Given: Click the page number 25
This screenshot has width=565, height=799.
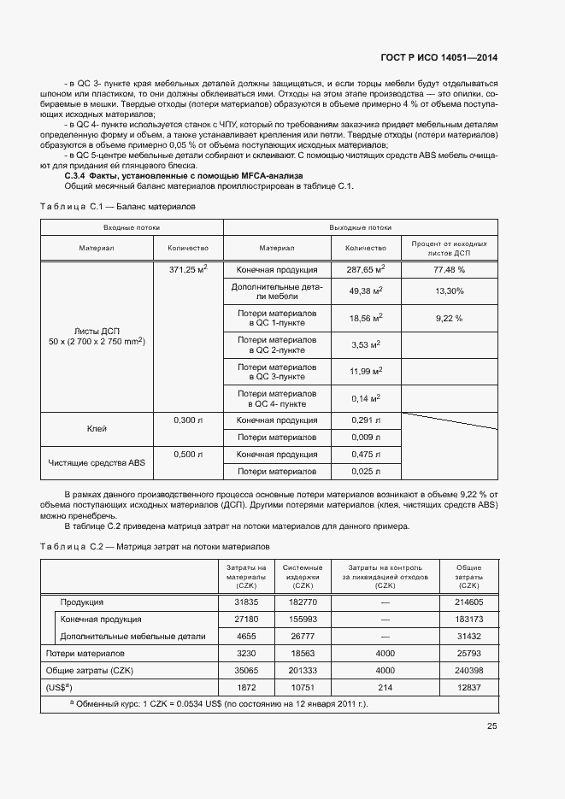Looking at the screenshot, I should click(x=491, y=726).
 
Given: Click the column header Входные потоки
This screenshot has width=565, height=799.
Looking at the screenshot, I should click(x=132, y=228).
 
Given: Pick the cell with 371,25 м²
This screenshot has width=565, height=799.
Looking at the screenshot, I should click(x=188, y=268).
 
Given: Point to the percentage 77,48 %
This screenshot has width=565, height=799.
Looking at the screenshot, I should click(x=449, y=269).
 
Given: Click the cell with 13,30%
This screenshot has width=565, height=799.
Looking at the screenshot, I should click(x=449, y=292).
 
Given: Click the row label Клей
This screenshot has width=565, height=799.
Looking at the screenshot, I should click(x=97, y=428).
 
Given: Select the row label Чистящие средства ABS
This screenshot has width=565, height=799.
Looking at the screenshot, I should click(x=97, y=462).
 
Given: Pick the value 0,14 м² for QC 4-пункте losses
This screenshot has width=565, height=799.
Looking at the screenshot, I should click(x=365, y=398).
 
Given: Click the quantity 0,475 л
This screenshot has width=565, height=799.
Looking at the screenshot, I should click(x=364, y=455).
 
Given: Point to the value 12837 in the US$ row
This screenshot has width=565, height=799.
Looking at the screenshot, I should click(x=468, y=687).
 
